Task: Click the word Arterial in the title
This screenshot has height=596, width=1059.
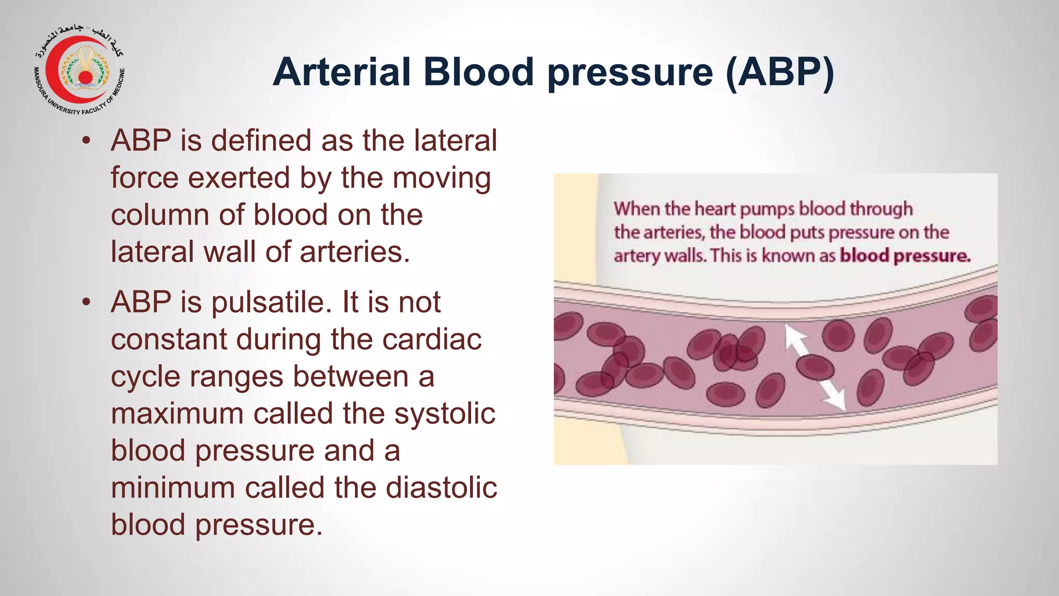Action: click(342, 72)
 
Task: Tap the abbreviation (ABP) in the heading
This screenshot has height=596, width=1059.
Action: click(780, 72)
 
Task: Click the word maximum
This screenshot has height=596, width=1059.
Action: click(177, 413)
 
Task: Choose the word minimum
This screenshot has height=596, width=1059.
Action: click(173, 487)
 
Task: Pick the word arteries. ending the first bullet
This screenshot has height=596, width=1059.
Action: click(355, 252)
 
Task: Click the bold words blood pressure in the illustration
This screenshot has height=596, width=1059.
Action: click(905, 256)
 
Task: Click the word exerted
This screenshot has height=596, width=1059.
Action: click(239, 177)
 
